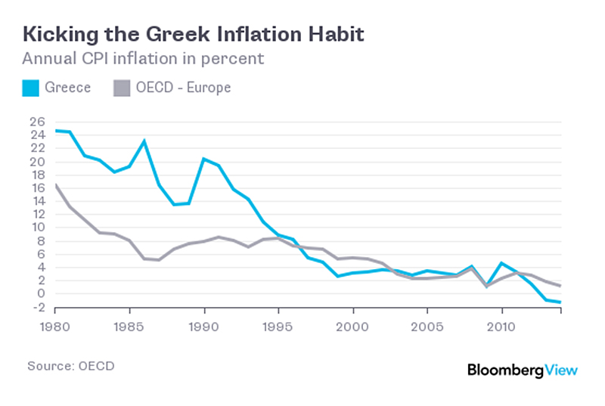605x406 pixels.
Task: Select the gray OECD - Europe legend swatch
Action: click(x=121, y=88)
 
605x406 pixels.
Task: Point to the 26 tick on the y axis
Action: click(x=37, y=122)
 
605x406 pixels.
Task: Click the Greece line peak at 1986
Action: click(x=144, y=141)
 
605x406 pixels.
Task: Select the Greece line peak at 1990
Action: click(x=203, y=159)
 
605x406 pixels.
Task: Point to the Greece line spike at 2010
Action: click(x=500, y=263)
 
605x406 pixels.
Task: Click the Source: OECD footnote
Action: click(x=71, y=366)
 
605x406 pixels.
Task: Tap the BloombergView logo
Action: click(x=522, y=370)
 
